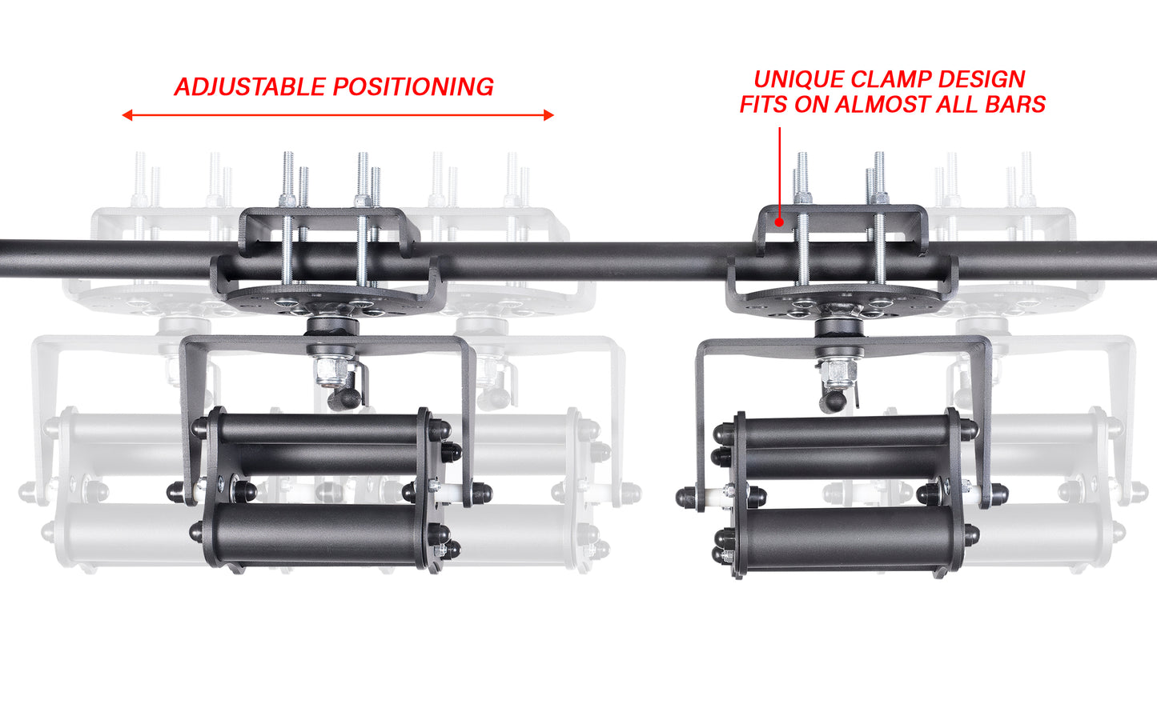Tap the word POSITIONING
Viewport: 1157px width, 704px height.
[414, 86]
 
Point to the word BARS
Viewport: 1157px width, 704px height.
[1015, 104]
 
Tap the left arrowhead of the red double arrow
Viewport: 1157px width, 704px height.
[127, 115]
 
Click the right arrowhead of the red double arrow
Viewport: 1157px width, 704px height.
[548, 115]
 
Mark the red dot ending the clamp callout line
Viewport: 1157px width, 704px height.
[779, 222]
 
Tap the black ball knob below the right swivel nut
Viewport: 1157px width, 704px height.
[833, 401]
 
